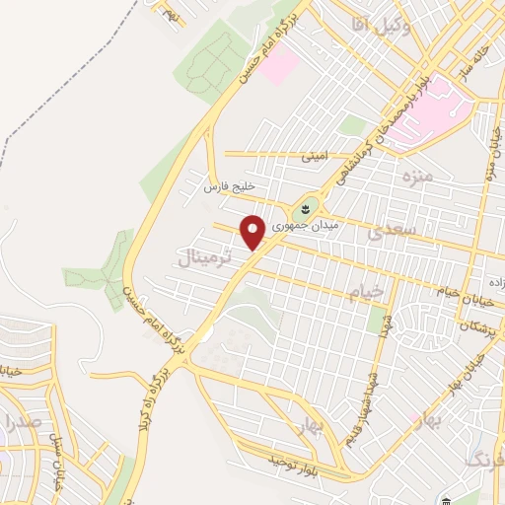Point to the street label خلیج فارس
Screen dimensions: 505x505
click(230, 186)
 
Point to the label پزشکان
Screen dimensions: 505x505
click(478, 325)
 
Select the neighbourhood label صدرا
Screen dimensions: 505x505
click(21, 423)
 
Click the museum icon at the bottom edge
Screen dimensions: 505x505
click(445, 500)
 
